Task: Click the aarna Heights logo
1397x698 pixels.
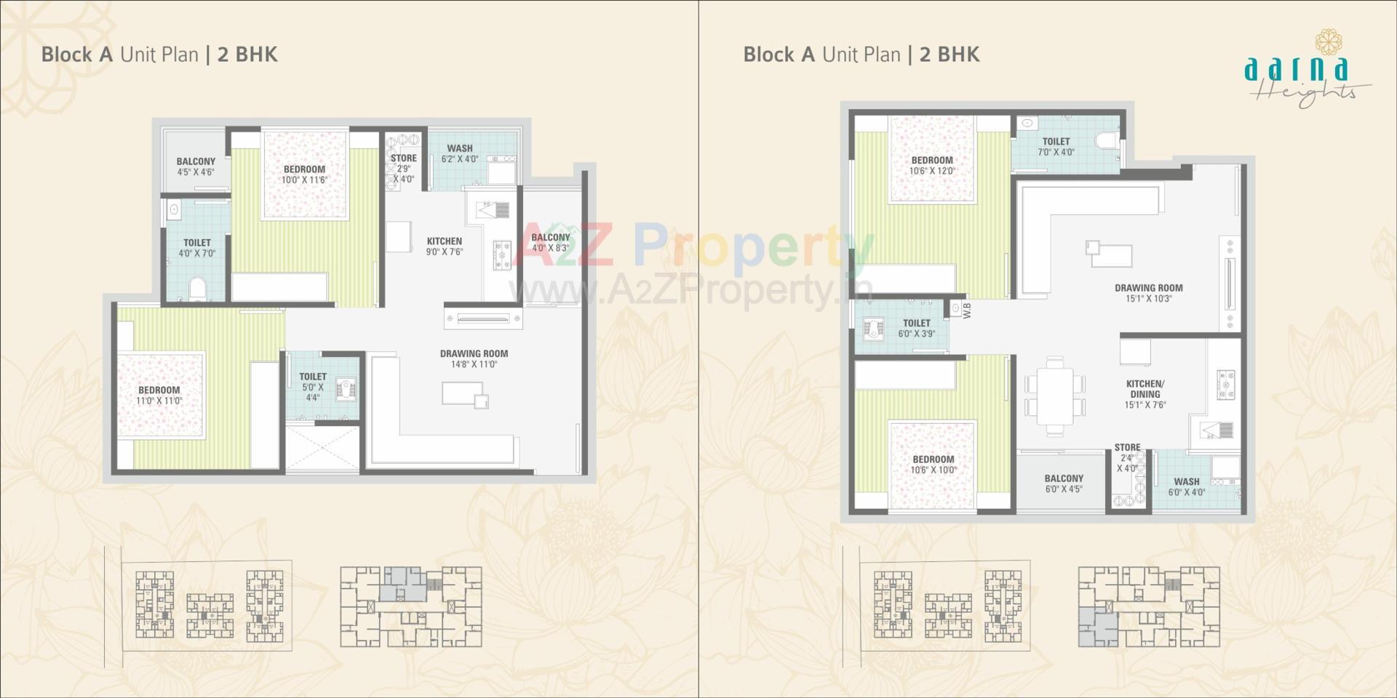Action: [1302, 69]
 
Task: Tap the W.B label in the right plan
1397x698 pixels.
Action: [967, 310]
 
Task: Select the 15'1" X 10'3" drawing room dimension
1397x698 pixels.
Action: [1149, 299]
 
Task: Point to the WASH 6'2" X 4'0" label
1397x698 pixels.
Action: [460, 153]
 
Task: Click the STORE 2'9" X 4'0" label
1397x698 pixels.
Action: [403, 168]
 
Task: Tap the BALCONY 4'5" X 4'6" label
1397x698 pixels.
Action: [196, 167]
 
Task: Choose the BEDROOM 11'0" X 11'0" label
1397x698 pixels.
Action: [159, 396]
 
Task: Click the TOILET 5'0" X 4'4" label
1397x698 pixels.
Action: [313, 387]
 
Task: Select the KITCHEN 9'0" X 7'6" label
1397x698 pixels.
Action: [445, 246]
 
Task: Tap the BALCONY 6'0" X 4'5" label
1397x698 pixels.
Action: [1064, 484]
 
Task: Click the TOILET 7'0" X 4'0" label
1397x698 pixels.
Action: [1056, 147]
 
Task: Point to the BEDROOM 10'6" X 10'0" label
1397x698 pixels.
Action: [934, 465]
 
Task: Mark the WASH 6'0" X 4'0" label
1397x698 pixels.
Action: [1187, 486]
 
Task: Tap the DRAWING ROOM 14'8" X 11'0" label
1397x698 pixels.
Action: [474, 359]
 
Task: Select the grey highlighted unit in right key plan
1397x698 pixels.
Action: [1097, 627]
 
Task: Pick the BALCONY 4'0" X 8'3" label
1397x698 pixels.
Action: [550, 242]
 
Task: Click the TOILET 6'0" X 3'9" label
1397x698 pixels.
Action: [916, 328]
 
